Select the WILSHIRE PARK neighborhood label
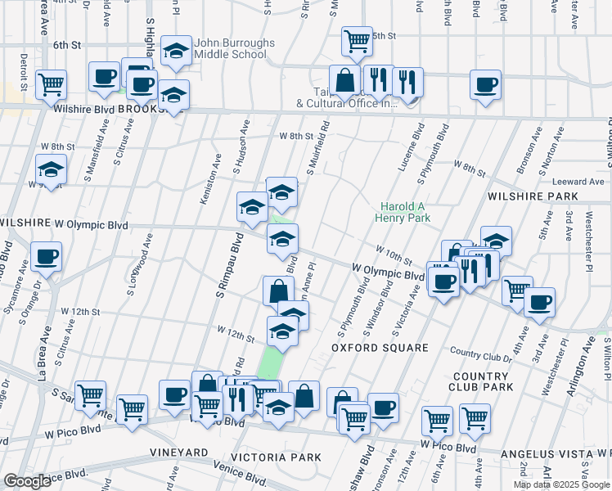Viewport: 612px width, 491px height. (x=533, y=197)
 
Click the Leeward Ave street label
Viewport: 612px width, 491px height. (x=577, y=182)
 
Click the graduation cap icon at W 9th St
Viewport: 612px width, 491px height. (x=52, y=172)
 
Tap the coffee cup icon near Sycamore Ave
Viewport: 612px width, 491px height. (x=46, y=257)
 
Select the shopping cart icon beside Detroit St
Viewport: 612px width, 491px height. (x=52, y=83)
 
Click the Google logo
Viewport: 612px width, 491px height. (x=28, y=482)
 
